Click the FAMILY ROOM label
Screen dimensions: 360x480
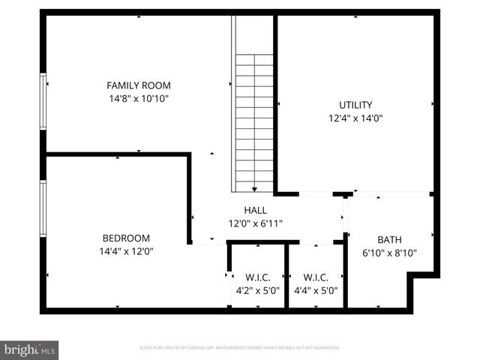tap(138, 85)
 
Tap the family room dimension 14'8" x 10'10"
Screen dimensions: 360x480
tap(138, 98)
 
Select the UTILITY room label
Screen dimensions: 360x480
tap(355, 105)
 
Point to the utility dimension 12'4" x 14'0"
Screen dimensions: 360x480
tap(355, 118)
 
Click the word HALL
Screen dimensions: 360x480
tap(255, 211)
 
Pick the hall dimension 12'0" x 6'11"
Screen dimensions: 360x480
tap(255, 223)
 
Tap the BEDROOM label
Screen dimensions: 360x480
tap(125, 238)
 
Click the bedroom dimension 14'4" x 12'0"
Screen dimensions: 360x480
tap(125, 251)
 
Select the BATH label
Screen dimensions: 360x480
tap(389, 240)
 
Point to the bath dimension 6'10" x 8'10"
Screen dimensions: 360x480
tap(389, 253)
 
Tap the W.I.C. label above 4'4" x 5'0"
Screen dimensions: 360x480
tap(316, 277)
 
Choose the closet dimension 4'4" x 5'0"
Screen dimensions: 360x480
tap(316, 291)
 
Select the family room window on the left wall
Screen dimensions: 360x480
tap(43, 100)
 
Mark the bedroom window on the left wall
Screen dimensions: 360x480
tap(43, 208)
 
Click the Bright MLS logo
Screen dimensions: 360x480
tap(30, 349)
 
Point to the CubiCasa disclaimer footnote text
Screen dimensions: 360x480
tap(240, 348)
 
